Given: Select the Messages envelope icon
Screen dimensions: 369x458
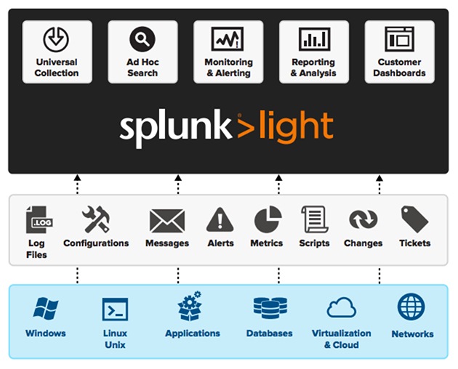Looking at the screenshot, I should [166, 220].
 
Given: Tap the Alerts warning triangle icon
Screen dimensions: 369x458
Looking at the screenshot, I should [220, 220].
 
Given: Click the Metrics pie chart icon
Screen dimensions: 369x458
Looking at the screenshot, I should [267, 220].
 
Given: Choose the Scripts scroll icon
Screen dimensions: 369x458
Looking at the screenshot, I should [314, 219].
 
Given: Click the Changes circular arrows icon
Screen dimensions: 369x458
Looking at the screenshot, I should [363, 220].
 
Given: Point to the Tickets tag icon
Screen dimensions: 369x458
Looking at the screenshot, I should [414, 219].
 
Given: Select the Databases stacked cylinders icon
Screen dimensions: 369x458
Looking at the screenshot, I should [269, 309].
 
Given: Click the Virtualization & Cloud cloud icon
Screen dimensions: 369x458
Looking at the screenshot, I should [341, 309].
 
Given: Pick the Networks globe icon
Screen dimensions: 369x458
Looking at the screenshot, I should [411, 308].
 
